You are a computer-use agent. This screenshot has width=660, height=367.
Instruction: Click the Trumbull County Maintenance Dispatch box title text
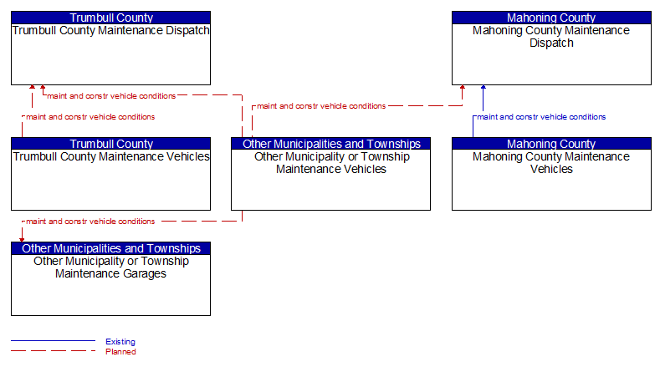[110, 30]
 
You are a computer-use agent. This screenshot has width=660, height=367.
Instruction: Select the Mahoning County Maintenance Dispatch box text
[551, 37]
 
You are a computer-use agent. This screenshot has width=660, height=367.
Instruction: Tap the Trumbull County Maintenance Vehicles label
[111, 156]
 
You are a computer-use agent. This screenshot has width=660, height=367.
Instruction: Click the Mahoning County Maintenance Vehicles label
[551, 163]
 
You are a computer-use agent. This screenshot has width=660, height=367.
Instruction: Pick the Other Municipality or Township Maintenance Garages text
[110, 268]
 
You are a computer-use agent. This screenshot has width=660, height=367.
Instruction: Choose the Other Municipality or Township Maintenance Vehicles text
[331, 163]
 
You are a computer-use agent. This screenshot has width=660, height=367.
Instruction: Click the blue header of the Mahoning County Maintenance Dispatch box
[551, 18]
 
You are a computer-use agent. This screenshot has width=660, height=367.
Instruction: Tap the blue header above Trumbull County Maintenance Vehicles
[110, 144]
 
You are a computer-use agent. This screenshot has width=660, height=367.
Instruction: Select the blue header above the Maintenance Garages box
[110, 248]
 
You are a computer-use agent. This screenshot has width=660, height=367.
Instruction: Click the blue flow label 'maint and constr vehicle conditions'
[541, 117]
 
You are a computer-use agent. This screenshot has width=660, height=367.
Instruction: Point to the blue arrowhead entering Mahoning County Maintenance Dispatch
[483, 87]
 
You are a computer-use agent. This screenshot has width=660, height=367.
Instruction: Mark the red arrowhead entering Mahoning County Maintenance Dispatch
[463, 87]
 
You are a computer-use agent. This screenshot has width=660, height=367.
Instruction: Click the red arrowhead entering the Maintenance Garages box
[22, 240]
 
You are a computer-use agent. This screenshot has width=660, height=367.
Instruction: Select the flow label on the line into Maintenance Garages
[90, 222]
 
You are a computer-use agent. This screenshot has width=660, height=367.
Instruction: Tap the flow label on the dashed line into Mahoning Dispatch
[321, 106]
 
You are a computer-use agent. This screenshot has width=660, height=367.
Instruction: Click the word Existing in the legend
[120, 342]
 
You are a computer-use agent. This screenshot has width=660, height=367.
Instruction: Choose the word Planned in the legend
[120, 352]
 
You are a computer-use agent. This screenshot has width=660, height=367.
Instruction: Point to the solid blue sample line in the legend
[53, 340]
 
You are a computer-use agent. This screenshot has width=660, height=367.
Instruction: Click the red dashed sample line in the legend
[53, 350]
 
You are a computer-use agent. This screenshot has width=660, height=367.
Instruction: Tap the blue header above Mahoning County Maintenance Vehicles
[551, 144]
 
